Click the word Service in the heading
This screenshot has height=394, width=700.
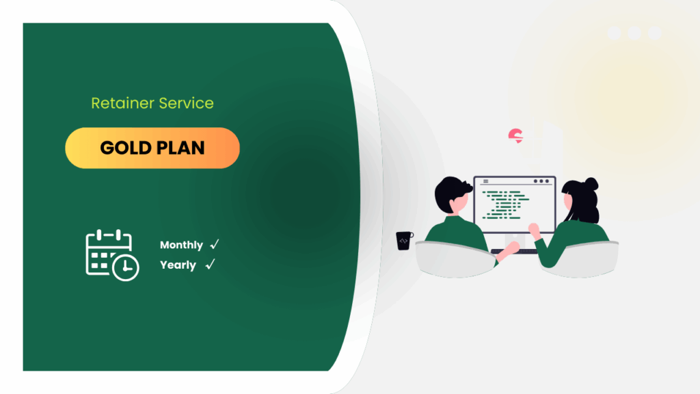(x=186, y=103)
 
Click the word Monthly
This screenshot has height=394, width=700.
(x=181, y=245)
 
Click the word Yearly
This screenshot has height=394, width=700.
(x=178, y=265)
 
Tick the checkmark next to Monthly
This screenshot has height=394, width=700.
(x=215, y=244)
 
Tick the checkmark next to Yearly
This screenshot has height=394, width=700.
(x=211, y=264)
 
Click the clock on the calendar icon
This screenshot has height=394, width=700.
(x=126, y=267)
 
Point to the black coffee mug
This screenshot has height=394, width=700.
(x=404, y=241)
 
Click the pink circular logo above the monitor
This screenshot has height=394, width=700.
(x=515, y=136)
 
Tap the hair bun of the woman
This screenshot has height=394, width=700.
(x=591, y=183)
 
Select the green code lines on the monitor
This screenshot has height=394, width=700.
(x=506, y=205)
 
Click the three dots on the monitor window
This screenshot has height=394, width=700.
(x=541, y=181)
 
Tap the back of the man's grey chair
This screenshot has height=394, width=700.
(x=455, y=259)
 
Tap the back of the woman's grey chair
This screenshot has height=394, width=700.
(x=580, y=259)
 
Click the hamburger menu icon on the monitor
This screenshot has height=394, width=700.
(x=486, y=181)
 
